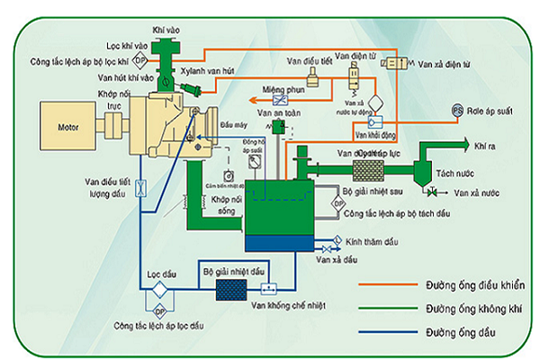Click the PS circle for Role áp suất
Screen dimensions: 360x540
point(456,110)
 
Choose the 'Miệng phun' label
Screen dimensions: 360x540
point(280,90)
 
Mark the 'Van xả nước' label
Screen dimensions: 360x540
point(476,193)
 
